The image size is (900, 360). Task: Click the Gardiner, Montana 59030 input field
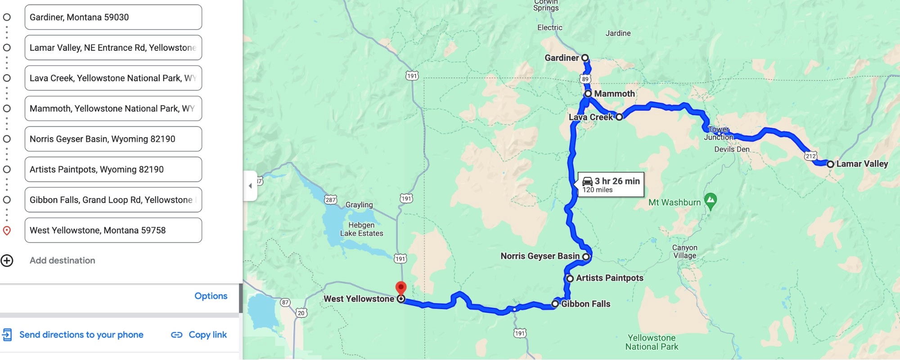(x=113, y=17)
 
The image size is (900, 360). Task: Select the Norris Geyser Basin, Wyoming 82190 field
(x=113, y=139)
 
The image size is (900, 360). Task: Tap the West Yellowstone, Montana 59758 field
(x=113, y=230)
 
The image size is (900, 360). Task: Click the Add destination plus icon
(x=7, y=261)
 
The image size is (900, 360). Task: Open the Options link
(x=211, y=296)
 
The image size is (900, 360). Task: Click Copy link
(x=199, y=335)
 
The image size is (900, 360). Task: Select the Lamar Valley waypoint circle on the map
(x=830, y=164)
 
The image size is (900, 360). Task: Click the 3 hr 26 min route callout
(x=611, y=184)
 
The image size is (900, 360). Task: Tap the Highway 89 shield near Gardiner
(x=585, y=79)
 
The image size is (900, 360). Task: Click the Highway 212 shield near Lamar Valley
(x=810, y=156)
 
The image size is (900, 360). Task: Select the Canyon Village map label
(x=684, y=252)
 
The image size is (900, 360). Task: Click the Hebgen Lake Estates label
(x=361, y=229)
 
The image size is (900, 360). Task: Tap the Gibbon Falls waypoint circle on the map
(x=555, y=304)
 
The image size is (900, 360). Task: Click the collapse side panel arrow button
(x=250, y=186)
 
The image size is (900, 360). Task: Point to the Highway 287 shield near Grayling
(x=331, y=200)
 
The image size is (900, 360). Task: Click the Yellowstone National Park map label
(x=652, y=342)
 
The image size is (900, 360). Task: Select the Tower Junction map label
(x=719, y=134)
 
